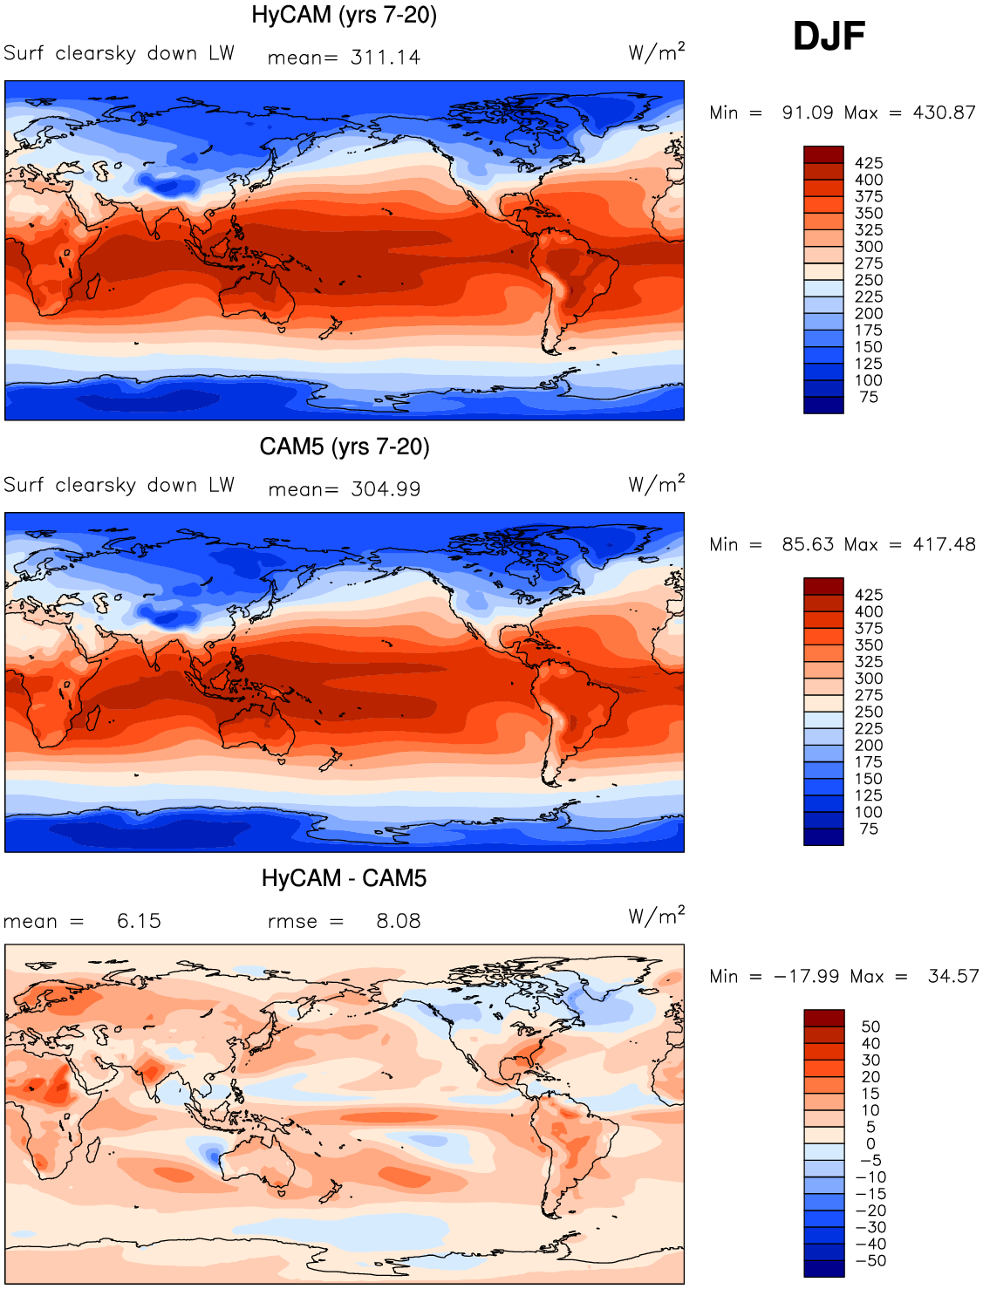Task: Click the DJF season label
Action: coord(829,36)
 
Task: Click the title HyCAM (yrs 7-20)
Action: coord(345,16)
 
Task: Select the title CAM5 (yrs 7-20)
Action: coord(345,447)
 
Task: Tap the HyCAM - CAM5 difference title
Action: coord(345,878)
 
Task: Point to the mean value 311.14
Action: coord(386,58)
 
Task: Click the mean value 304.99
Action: coord(386,489)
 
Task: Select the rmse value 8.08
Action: coord(398,921)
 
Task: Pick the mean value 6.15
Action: coord(139,921)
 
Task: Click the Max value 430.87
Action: coord(944,113)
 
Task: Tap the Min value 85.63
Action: coord(808,544)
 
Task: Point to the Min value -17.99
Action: coord(806,976)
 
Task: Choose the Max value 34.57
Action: coord(953,976)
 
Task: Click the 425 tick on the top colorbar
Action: coord(869,163)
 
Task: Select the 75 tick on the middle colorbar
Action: coord(869,829)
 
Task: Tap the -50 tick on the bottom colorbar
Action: coord(870,1261)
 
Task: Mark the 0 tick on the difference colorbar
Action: coord(870,1144)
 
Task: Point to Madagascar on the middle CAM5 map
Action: coord(93,718)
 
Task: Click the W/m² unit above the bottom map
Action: coord(657,915)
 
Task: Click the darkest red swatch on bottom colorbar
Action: coord(824,1018)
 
